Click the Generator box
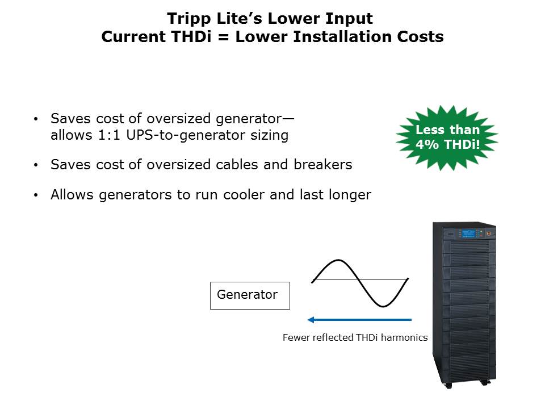tap(250, 295)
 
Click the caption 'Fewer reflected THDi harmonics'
tap(355, 337)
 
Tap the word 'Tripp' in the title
tap(191, 19)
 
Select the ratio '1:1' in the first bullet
tap(107, 135)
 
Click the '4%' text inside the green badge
tap(427, 144)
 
